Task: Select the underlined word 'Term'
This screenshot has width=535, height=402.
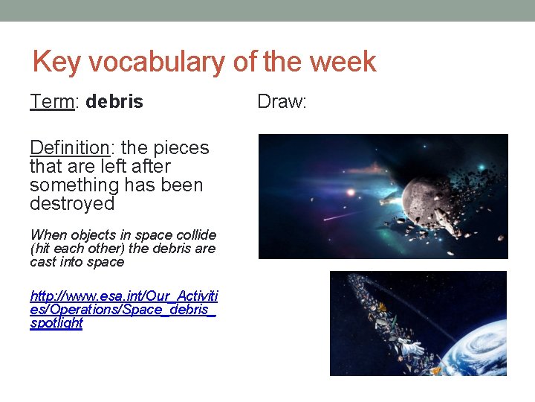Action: click(51, 102)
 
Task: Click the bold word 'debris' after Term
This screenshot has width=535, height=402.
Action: click(114, 102)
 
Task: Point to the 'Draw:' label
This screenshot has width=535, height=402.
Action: click(282, 102)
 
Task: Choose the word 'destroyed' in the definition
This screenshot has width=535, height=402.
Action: click(72, 203)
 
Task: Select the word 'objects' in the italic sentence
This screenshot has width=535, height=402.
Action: click(94, 235)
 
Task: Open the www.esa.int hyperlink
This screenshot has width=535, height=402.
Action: click(123, 296)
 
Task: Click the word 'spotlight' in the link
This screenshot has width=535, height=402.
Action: click(56, 324)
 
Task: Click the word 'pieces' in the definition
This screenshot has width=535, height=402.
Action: click(183, 148)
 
